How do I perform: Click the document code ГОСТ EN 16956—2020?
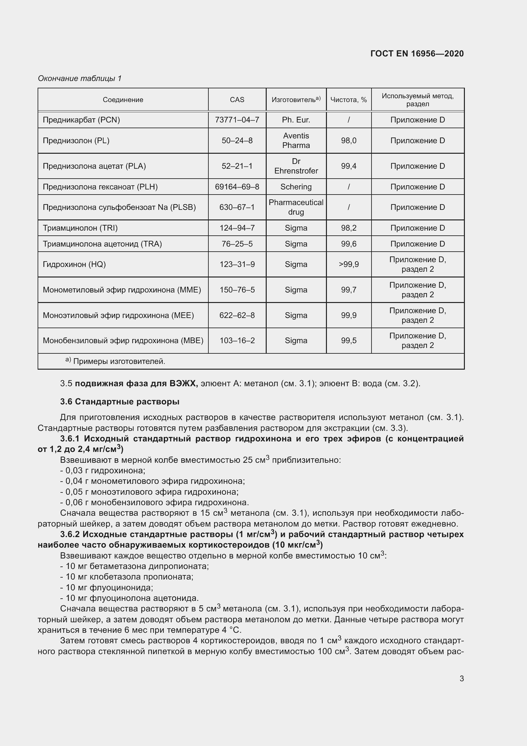(417, 54)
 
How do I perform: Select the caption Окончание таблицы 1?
(80, 78)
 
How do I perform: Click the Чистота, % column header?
(349, 100)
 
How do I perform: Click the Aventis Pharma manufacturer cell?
(296, 140)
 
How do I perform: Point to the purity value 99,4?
(349, 166)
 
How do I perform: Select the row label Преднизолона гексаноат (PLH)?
(100, 187)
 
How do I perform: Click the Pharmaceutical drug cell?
(296, 207)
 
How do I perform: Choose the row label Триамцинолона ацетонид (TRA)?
(102, 244)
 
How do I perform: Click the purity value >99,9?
(349, 264)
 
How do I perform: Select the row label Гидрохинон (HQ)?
(74, 264)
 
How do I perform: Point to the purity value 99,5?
(349, 341)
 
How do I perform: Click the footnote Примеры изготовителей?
(119, 361)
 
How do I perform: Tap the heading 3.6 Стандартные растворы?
(120, 402)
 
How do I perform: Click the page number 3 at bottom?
(461, 678)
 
